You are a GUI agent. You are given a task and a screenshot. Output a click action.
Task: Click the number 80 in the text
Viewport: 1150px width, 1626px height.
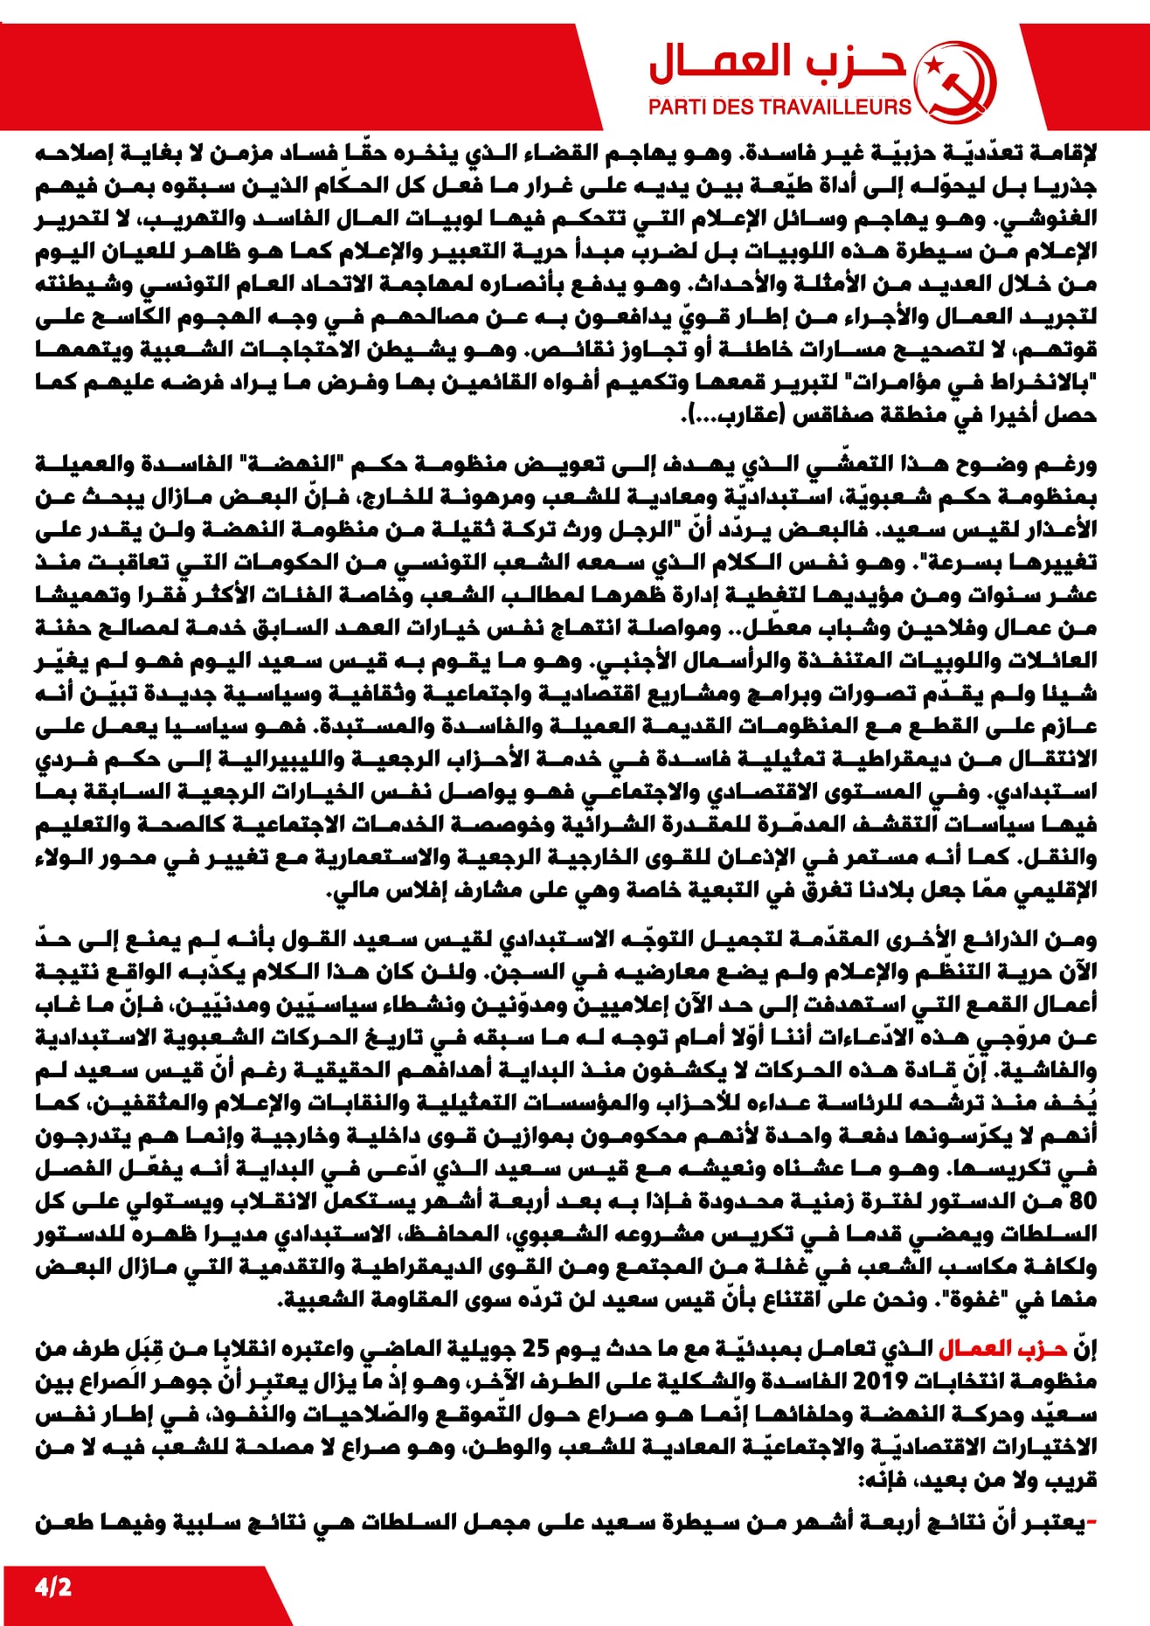(1082, 1200)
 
